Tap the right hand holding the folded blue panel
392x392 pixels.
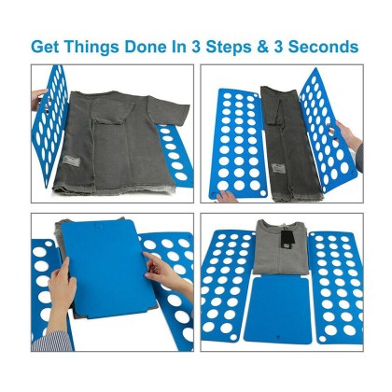[161, 275]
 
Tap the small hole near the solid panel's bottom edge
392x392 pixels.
[277, 341]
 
